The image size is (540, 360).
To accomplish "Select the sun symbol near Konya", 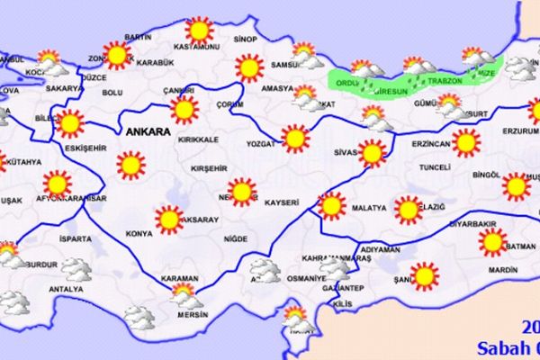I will tap(166, 218).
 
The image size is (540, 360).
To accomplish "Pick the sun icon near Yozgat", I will tap(293, 138).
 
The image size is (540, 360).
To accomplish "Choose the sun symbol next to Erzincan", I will tap(465, 141).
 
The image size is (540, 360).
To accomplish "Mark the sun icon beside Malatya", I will tap(332, 206).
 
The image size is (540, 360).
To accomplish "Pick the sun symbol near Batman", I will tap(491, 241).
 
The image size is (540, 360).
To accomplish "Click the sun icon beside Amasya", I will tap(247, 67).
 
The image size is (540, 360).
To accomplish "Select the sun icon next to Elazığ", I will tap(407, 211).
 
